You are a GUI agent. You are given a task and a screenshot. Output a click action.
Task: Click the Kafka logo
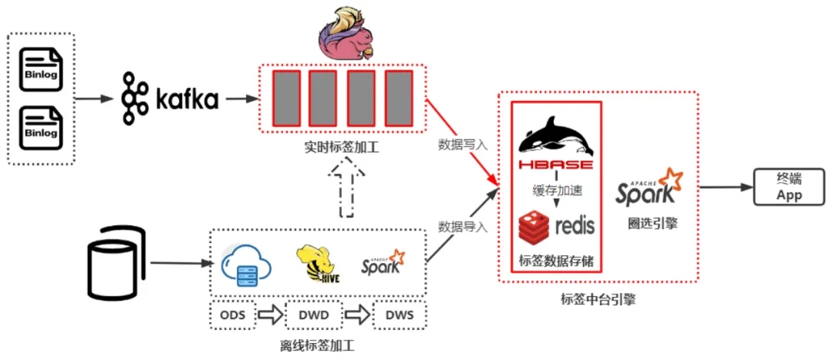pyautogui.click(x=170, y=99)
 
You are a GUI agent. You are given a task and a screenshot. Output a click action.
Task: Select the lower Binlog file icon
pyautogui.click(x=40, y=127)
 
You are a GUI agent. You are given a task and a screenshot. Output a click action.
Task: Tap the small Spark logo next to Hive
pyautogui.click(x=383, y=262)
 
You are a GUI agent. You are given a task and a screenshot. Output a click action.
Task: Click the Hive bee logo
pyautogui.click(x=318, y=264)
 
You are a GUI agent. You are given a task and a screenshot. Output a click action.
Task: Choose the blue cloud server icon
pyautogui.click(x=246, y=264)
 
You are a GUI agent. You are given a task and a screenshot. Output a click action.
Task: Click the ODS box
pyautogui.click(x=233, y=315)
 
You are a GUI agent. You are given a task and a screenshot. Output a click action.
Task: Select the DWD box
pyautogui.click(x=315, y=315)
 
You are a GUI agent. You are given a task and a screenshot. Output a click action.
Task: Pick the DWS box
pyautogui.click(x=400, y=315)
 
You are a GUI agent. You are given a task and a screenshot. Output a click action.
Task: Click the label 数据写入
pyautogui.click(x=462, y=144)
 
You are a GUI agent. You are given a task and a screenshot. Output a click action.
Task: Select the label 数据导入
pyautogui.click(x=462, y=227)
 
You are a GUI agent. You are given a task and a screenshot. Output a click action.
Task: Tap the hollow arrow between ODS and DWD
pyautogui.click(x=271, y=315)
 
